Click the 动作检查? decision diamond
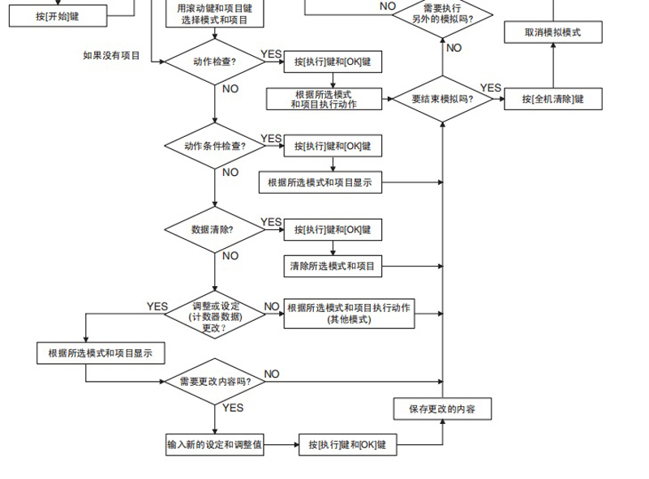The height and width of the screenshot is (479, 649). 214,62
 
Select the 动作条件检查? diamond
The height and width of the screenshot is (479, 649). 214,147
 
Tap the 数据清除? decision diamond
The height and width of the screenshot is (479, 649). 214,229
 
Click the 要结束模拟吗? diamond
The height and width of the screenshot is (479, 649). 443,99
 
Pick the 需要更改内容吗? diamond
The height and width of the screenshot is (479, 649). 215,381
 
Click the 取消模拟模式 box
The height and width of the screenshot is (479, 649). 552,33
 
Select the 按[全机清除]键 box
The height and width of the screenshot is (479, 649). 552,99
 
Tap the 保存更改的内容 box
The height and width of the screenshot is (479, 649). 442,408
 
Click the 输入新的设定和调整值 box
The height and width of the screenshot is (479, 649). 215,445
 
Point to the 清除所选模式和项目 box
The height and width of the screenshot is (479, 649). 332,266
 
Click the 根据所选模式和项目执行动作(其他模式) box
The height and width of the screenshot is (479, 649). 348,313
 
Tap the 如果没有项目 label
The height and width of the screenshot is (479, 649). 112,56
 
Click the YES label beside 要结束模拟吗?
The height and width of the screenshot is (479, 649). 491,88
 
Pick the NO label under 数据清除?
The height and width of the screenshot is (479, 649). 230,255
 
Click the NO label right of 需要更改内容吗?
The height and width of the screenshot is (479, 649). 272,374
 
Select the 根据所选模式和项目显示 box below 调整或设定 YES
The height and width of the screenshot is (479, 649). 101,353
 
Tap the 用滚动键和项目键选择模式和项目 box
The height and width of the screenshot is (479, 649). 214,13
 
